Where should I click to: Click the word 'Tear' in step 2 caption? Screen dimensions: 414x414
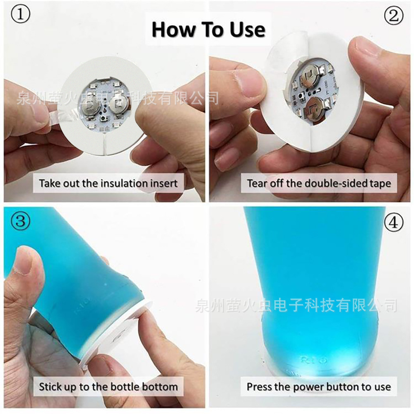click(257, 183)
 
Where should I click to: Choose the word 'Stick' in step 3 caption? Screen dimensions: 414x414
click(50, 387)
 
